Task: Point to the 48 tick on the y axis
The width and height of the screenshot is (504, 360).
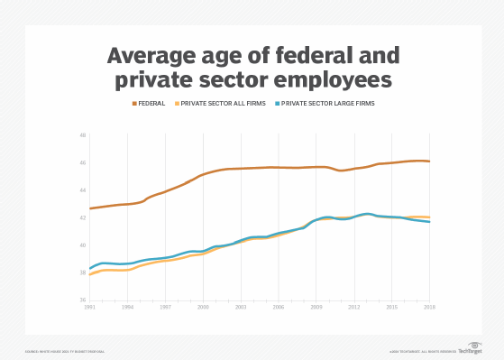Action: [x=82, y=135]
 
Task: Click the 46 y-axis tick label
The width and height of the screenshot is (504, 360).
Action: [x=82, y=163]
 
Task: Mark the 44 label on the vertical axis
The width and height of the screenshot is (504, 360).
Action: [x=82, y=190]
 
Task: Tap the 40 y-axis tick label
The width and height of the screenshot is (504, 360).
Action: [x=82, y=245]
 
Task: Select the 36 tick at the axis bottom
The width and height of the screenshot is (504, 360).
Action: [x=82, y=300]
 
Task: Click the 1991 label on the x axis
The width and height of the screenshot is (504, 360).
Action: [x=89, y=307]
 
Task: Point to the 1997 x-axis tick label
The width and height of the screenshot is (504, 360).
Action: [x=165, y=307]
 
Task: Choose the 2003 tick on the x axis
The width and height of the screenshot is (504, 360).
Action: [x=241, y=307]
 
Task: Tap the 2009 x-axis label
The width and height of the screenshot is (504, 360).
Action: [x=316, y=307]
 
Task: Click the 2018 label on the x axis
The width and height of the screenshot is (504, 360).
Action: [x=430, y=307]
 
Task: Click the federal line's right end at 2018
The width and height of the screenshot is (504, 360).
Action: [x=429, y=162]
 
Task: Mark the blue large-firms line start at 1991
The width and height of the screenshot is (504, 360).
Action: [x=90, y=268]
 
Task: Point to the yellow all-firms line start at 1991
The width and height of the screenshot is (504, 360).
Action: [x=90, y=274]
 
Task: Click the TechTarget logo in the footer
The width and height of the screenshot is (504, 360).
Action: [x=469, y=350]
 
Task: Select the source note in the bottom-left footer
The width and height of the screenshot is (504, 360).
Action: [x=63, y=351]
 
